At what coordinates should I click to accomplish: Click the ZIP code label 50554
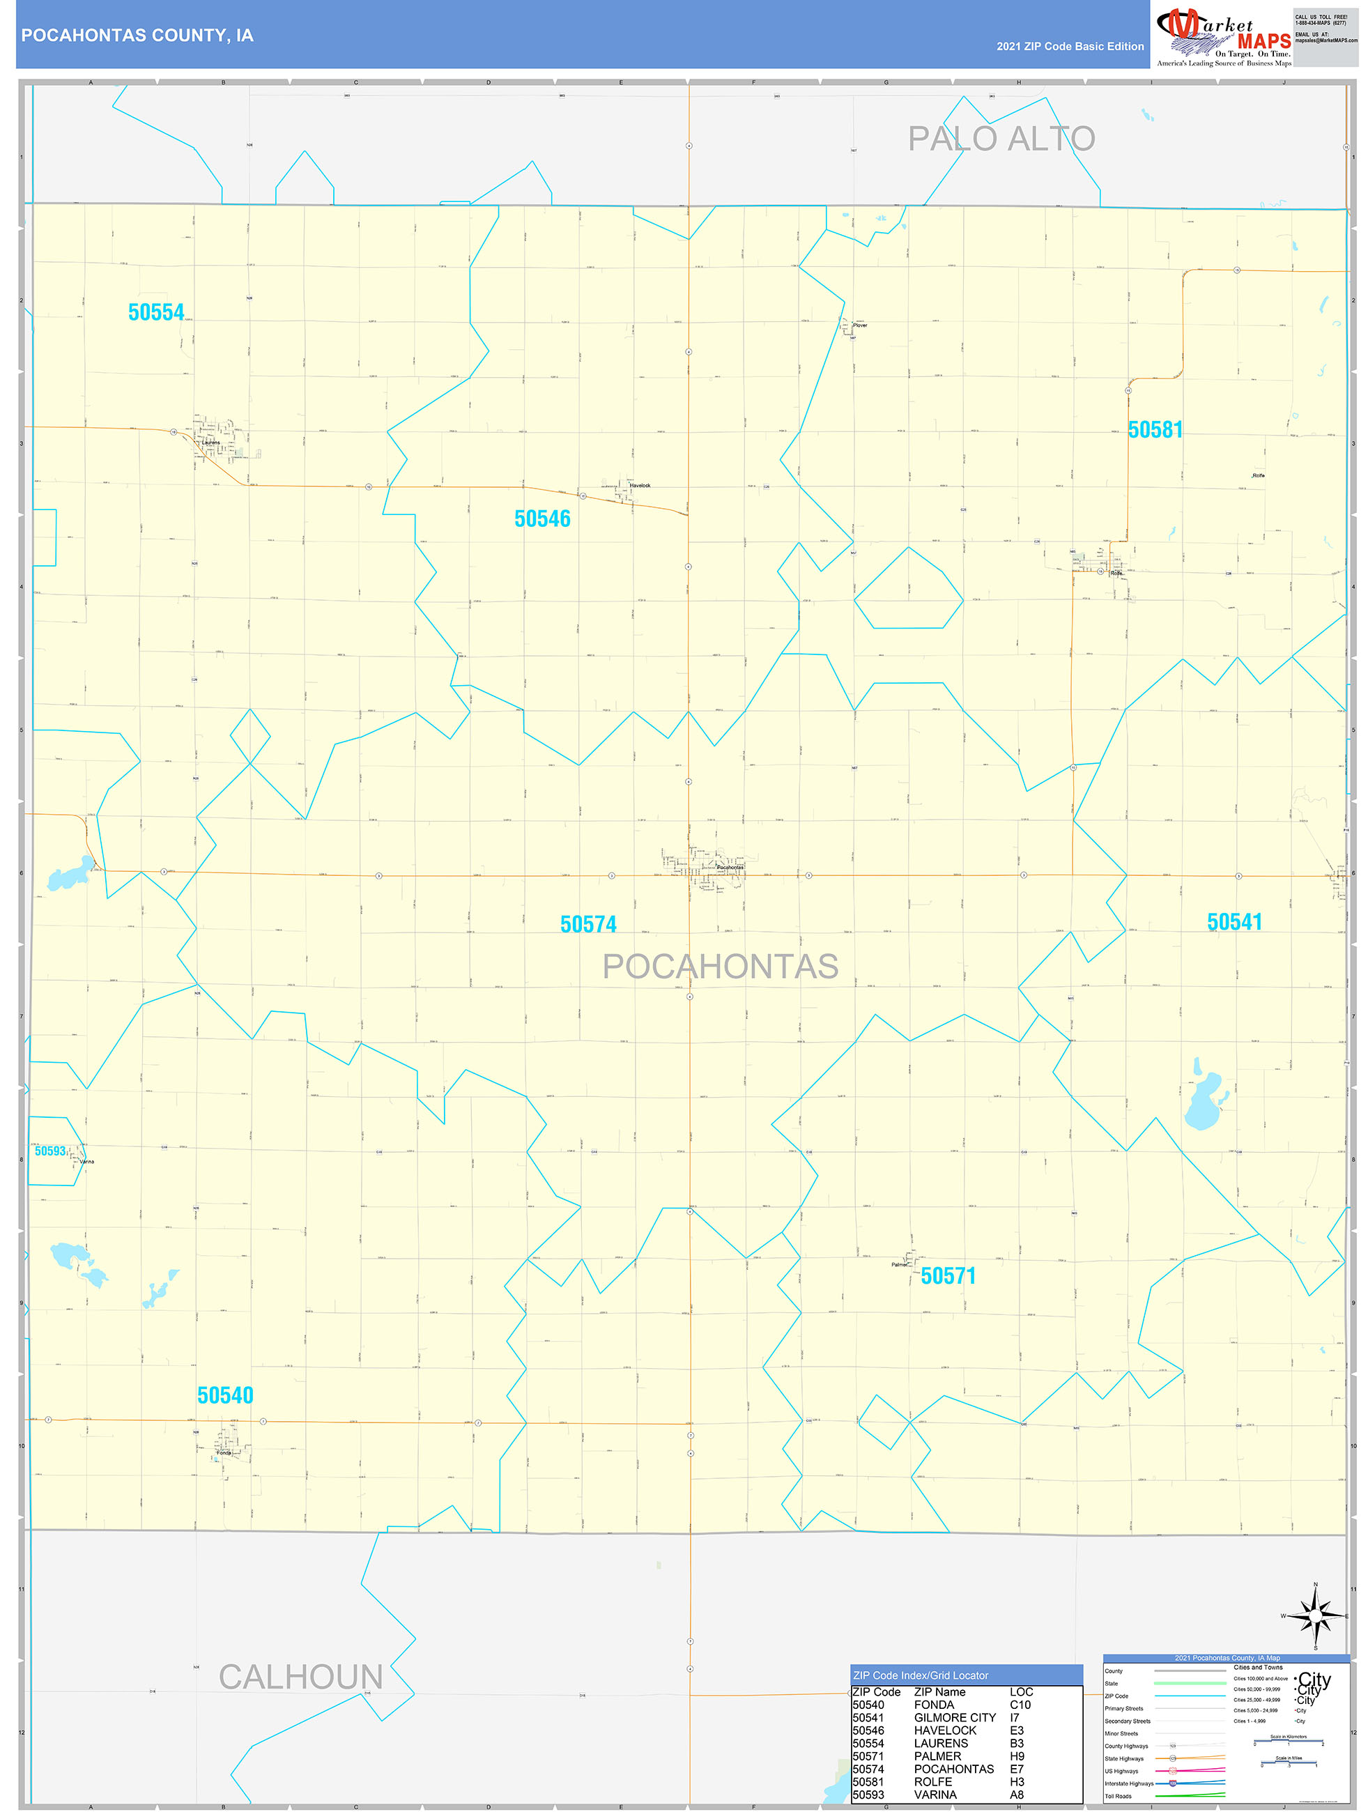point(155,312)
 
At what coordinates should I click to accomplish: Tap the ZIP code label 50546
point(542,519)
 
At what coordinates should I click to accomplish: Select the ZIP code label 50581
point(1155,429)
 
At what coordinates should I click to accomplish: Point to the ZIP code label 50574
point(588,924)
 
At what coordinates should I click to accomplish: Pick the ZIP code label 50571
point(948,1275)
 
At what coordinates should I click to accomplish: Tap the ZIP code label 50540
point(225,1395)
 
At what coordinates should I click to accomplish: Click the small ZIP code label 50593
point(50,1151)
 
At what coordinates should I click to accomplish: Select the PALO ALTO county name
point(1000,139)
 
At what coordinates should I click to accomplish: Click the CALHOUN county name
point(300,1677)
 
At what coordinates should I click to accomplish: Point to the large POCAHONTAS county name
point(720,967)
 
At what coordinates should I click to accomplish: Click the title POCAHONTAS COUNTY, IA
point(137,36)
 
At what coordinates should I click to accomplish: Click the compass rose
point(1315,1616)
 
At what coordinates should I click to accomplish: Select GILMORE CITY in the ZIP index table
point(954,1717)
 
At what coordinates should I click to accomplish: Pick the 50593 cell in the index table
point(868,1794)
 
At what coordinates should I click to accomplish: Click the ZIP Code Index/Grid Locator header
point(921,1675)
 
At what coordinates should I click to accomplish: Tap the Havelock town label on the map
point(640,486)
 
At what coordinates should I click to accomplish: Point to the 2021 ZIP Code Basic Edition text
point(1070,47)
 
